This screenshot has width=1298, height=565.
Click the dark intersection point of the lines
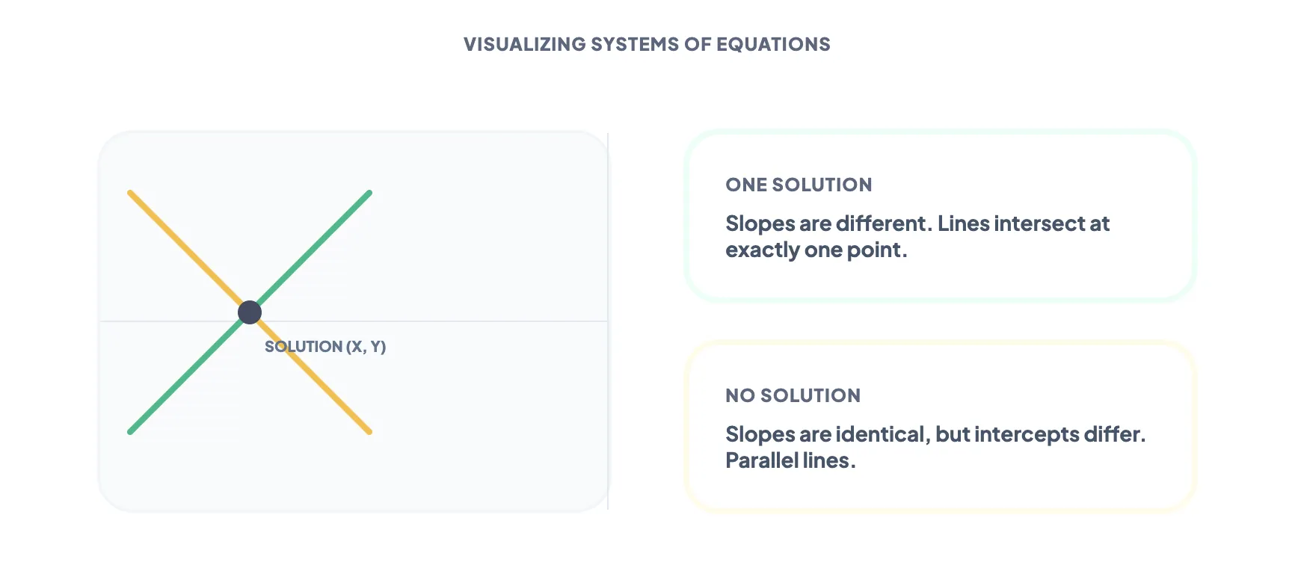(x=250, y=312)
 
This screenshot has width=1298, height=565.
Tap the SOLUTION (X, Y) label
(x=325, y=347)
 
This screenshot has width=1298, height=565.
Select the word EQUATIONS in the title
(x=773, y=45)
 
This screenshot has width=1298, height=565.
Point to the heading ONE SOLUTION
(x=799, y=185)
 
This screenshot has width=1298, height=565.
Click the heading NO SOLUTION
(x=793, y=395)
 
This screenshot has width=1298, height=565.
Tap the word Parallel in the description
(x=760, y=460)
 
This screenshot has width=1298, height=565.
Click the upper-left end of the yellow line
(x=131, y=193)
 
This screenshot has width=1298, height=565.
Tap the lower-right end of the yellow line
(x=369, y=431)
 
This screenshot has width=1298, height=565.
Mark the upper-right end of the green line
(x=369, y=193)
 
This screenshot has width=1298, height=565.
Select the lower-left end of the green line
(x=131, y=431)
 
